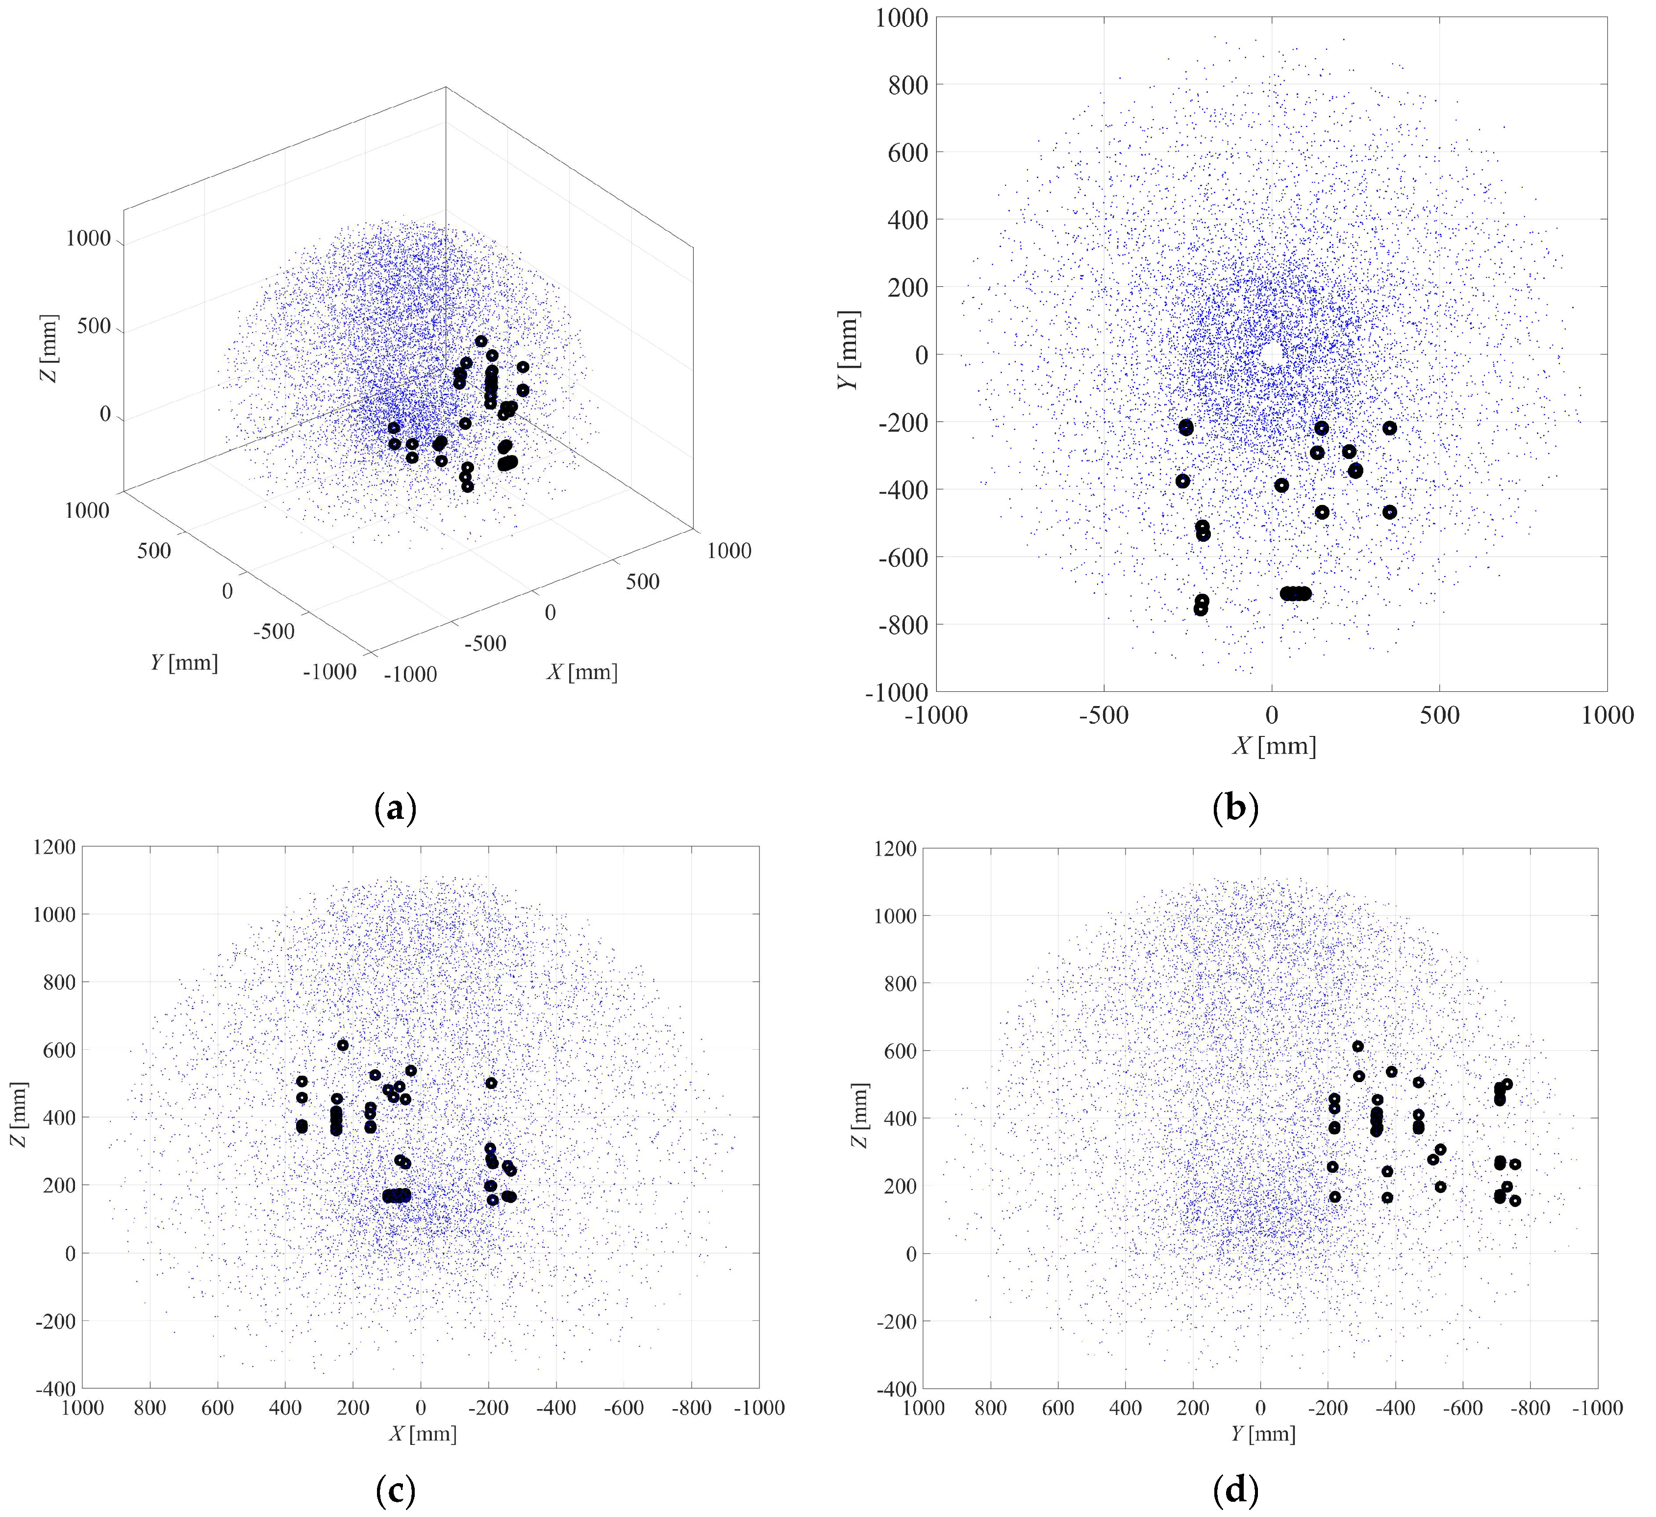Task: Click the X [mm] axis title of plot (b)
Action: coord(1274,746)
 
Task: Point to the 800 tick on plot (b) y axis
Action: coord(908,85)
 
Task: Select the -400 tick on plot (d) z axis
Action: coord(895,1390)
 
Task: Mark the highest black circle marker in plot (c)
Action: coord(343,1045)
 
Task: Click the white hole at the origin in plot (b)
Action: coord(1272,355)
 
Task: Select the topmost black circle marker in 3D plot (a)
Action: coord(481,341)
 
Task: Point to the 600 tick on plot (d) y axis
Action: coord(1058,1410)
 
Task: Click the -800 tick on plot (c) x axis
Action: coord(691,1410)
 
